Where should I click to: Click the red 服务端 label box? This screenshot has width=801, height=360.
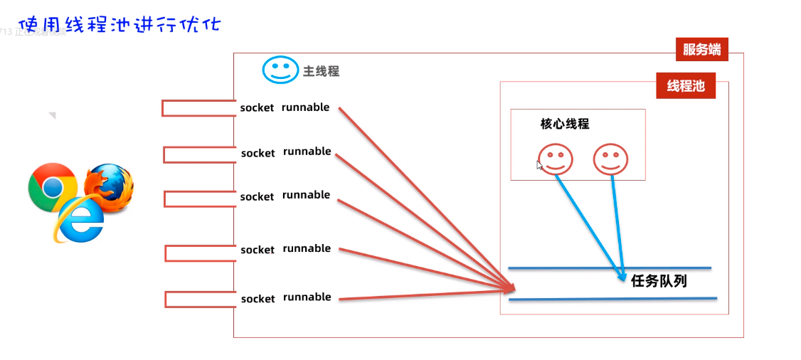click(701, 49)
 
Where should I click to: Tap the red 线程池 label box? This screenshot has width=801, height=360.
click(685, 86)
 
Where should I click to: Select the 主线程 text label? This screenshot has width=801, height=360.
click(322, 71)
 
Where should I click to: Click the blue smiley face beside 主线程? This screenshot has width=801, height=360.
click(280, 70)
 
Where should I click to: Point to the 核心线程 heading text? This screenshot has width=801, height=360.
click(565, 124)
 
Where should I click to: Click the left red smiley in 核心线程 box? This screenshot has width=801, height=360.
click(556, 158)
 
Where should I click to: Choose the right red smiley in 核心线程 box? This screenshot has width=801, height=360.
click(611, 158)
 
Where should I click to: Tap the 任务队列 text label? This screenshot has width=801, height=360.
click(659, 280)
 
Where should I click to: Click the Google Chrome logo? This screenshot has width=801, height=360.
click(52, 186)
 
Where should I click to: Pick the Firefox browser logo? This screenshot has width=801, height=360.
click(109, 189)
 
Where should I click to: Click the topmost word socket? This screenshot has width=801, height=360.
click(257, 108)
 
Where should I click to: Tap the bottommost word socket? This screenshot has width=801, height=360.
click(258, 299)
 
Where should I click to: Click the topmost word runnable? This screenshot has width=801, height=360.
click(306, 107)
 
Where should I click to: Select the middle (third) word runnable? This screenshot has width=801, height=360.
click(306, 195)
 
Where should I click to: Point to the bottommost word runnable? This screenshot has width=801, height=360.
click(307, 297)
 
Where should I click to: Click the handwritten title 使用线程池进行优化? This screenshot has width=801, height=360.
click(120, 25)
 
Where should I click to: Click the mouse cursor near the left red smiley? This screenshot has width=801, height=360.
click(540, 165)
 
